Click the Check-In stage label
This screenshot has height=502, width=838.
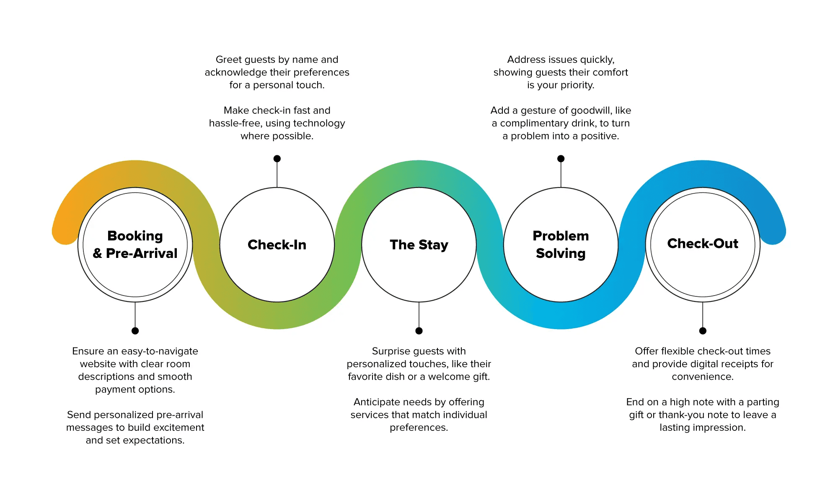277,245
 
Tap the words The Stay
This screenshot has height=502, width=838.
419,245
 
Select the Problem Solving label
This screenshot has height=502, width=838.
561,245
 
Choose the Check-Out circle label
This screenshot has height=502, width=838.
703,243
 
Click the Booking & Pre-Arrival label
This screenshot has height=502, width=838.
135,245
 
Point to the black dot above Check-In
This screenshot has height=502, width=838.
277,159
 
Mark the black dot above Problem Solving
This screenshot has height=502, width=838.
561,159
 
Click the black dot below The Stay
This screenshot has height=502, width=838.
419,331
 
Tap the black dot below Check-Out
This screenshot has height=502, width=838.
703,331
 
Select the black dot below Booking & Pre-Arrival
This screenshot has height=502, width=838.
135,331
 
